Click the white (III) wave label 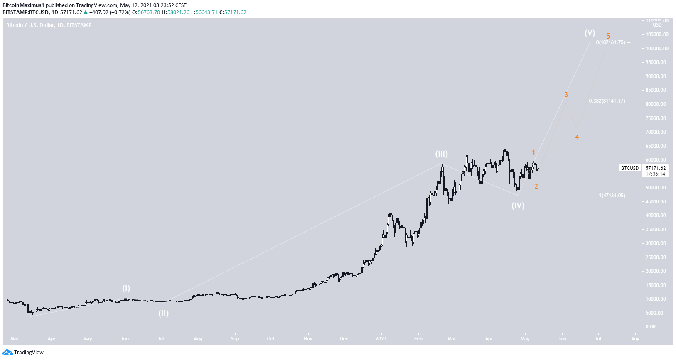coord(441,154)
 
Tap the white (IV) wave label coord(518,206)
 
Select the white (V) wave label coord(590,33)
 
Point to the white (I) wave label coord(126,288)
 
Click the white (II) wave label coord(163,313)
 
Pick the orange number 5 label coord(608,36)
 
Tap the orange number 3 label coord(566,95)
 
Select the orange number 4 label coord(577,137)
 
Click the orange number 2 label coord(536,186)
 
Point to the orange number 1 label coord(533,153)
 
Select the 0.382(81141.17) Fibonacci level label coord(607,101)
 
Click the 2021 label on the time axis coord(381,339)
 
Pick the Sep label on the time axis coord(235,339)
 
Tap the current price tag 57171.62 coord(655,168)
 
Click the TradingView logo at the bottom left coord(23,353)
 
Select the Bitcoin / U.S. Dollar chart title coord(49,25)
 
